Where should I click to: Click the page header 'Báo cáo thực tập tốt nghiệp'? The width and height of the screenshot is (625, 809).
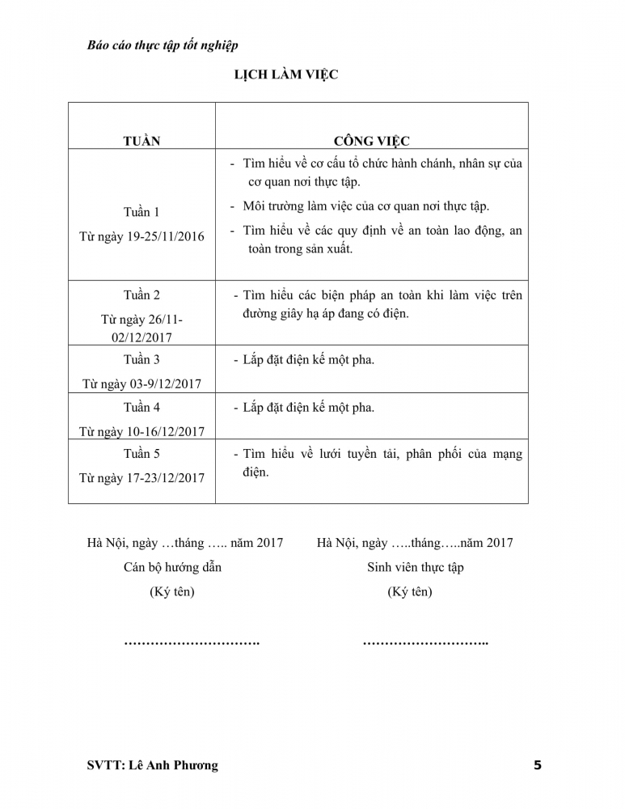click(163, 45)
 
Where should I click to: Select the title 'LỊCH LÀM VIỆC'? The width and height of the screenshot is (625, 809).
click(285, 75)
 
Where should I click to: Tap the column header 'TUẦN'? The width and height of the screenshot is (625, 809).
click(141, 141)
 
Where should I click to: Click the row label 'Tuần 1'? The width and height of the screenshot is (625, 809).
click(141, 212)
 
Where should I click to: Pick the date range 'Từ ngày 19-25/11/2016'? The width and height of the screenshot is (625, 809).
click(141, 236)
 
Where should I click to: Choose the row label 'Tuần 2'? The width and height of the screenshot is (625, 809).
click(141, 295)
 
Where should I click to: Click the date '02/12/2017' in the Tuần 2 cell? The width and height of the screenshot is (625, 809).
click(141, 337)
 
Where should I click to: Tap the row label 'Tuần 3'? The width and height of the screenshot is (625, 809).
click(141, 359)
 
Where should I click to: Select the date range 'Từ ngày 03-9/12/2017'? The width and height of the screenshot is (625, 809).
click(141, 383)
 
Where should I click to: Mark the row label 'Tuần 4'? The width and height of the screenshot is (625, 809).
click(141, 407)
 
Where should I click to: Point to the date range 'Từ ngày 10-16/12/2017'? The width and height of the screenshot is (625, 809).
click(141, 431)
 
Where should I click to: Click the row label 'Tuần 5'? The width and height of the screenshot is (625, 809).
click(141, 454)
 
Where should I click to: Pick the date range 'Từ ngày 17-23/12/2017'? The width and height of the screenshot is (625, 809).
click(141, 478)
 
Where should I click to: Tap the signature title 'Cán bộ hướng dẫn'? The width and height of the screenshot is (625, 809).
click(172, 567)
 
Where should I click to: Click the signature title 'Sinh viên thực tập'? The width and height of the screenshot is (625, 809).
click(415, 567)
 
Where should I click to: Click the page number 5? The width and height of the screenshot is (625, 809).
click(538, 765)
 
